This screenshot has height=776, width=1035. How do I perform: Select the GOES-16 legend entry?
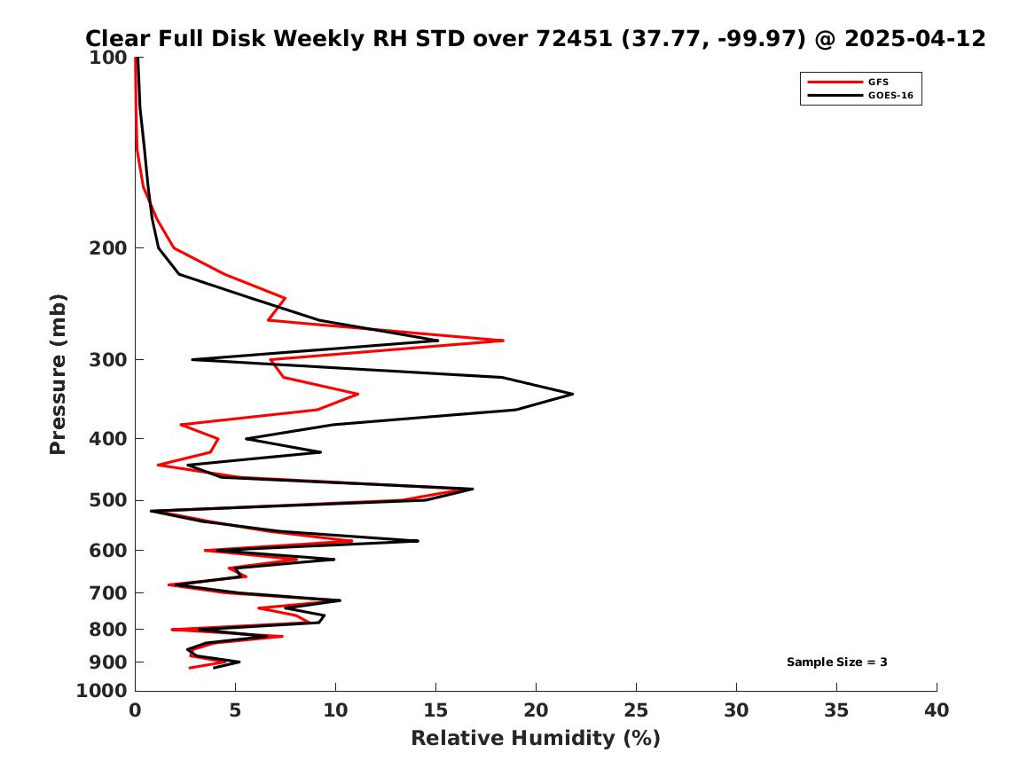(889, 95)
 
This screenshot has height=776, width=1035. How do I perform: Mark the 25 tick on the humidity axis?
(636, 710)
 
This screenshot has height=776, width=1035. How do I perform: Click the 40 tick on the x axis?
(937, 710)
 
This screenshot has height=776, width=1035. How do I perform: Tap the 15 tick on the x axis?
(435, 710)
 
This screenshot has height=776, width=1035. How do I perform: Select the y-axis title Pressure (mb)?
(59, 373)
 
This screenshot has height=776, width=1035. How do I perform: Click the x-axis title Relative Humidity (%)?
(535, 739)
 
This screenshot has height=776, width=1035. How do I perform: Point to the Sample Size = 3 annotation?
(836, 662)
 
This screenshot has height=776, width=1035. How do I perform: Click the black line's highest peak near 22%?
(572, 394)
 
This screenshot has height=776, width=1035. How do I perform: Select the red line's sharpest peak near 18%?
(503, 341)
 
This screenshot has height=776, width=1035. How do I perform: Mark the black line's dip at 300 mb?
(192, 359)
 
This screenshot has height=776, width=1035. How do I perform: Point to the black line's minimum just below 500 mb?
(152, 511)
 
